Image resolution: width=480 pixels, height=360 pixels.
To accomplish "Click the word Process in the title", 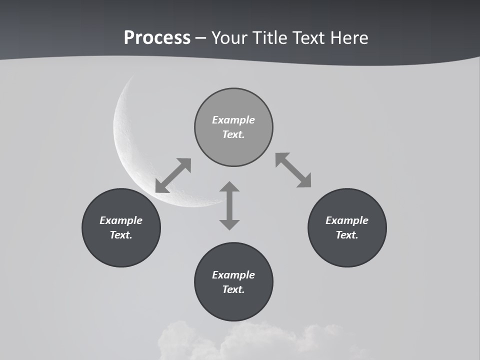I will (157, 38).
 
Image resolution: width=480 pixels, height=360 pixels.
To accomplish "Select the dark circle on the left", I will (121, 250).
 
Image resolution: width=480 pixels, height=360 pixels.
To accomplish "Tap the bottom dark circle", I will (233, 305).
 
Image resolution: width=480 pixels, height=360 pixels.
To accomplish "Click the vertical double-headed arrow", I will (229, 205).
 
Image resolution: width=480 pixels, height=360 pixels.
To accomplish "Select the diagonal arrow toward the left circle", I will (173, 175).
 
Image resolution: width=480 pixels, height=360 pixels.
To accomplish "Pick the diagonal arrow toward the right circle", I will (293, 170).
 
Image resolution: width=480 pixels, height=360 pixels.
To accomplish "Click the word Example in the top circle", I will (233, 120).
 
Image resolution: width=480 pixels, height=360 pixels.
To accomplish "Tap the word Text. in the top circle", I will (233, 134).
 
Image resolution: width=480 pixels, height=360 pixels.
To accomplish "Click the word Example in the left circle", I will (121, 220).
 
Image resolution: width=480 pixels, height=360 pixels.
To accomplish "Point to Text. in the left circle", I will (121, 235).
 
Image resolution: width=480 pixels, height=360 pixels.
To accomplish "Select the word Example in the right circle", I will (347, 220).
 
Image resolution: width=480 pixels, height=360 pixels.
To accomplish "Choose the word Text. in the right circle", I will (347, 235).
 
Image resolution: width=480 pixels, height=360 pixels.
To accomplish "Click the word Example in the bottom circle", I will (233, 275).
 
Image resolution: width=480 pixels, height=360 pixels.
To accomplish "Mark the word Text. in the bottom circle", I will (233, 289).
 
